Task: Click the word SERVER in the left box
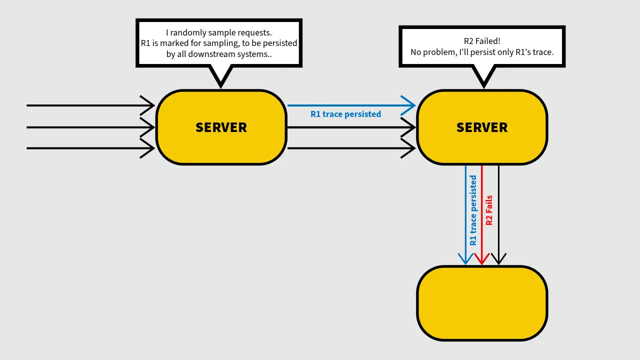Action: (221, 127)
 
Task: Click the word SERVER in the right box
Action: (482, 127)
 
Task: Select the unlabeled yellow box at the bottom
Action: (482, 303)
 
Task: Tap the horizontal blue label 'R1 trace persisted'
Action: (345, 114)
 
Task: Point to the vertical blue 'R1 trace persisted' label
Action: (473, 210)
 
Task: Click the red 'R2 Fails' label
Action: (489, 210)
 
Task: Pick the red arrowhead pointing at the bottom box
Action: (482, 259)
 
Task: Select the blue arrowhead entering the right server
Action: (408, 105)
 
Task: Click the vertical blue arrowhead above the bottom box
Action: (465, 259)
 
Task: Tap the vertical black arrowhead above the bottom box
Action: (498, 259)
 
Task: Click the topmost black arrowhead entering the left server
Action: (147, 105)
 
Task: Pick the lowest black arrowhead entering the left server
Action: (147, 148)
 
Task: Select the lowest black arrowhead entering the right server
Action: (408, 148)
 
